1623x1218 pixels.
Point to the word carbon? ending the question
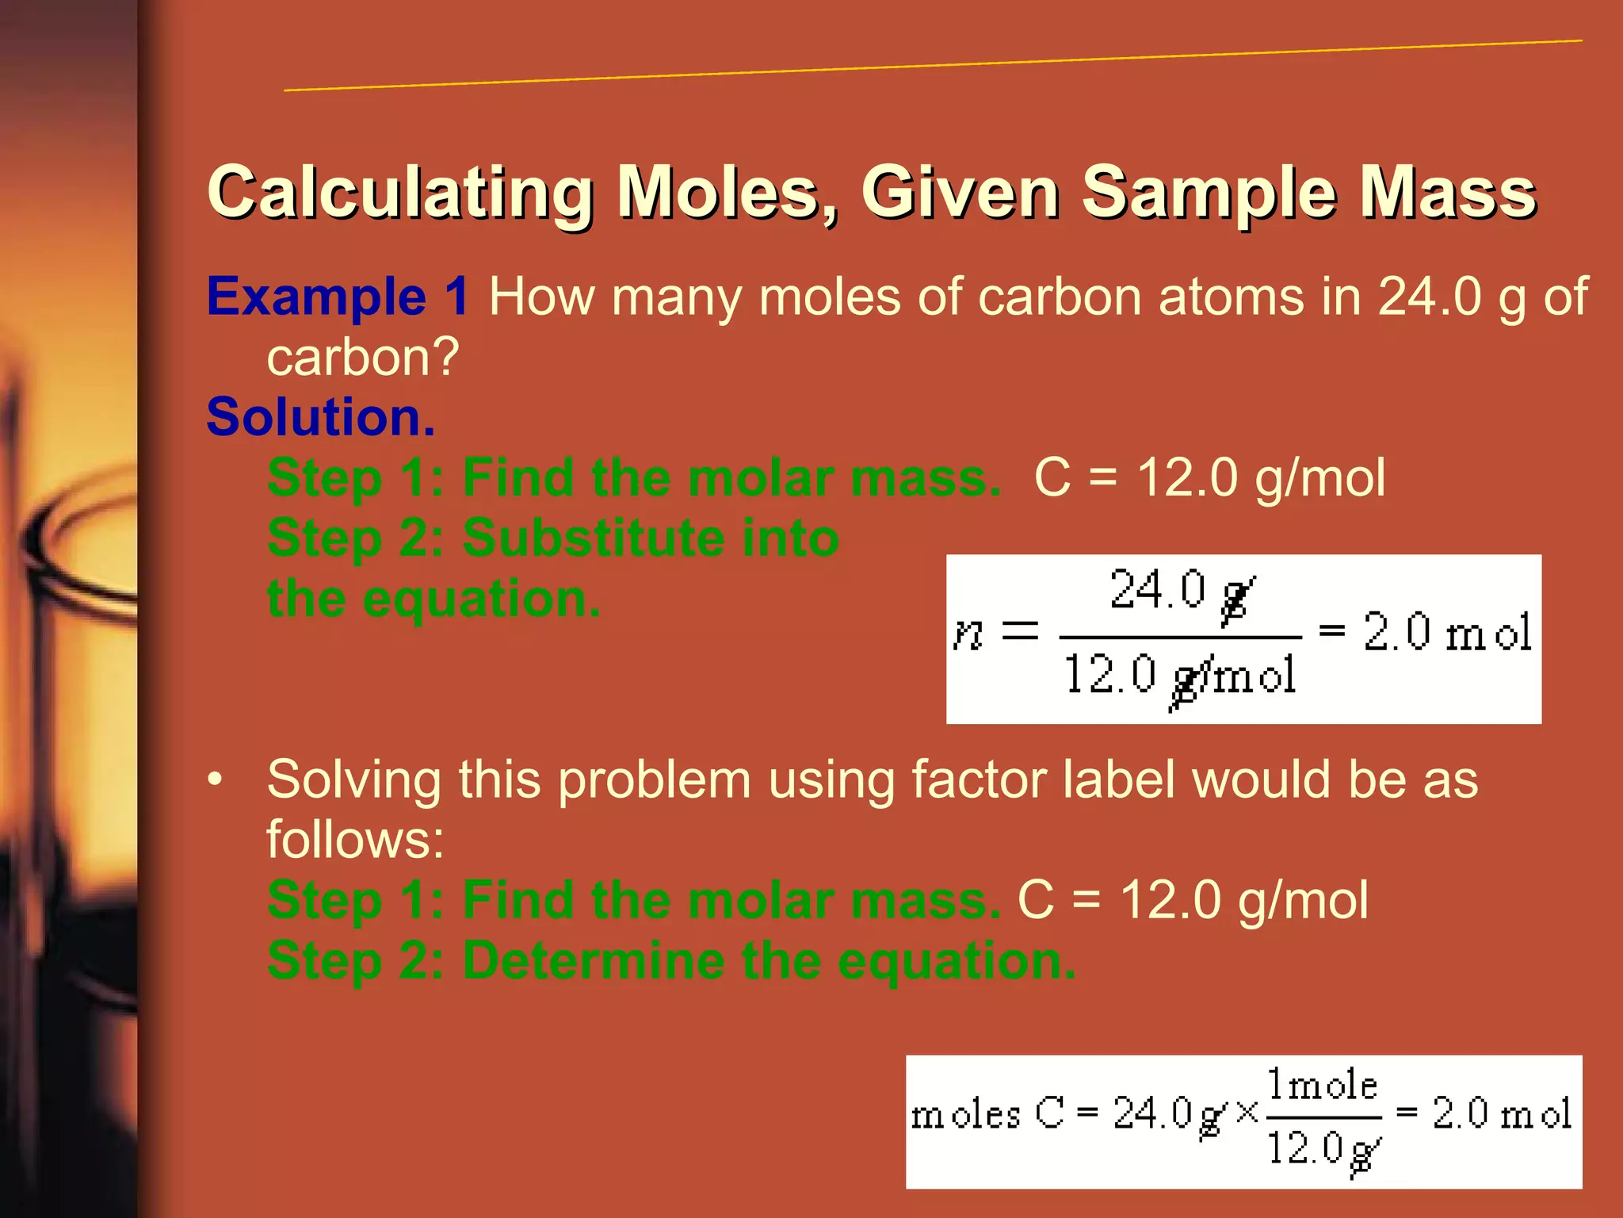(x=363, y=357)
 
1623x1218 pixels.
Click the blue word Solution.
(x=321, y=417)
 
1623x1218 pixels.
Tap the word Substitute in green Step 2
(x=592, y=538)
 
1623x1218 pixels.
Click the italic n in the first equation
(x=968, y=633)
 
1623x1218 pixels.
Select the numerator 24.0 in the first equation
(x=1157, y=590)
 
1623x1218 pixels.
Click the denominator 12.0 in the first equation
(x=1109, y=675)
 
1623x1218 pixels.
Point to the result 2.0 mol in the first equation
(x=1447, y=633)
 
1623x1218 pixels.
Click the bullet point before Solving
(x=215, y=779)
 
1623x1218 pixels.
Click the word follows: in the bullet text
(x=355, y=840)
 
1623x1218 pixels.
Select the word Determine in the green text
(x=593, y=960)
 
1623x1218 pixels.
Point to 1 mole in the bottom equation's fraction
(x=1322, y=1085)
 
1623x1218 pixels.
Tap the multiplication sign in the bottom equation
(x=1247, y=1113)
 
